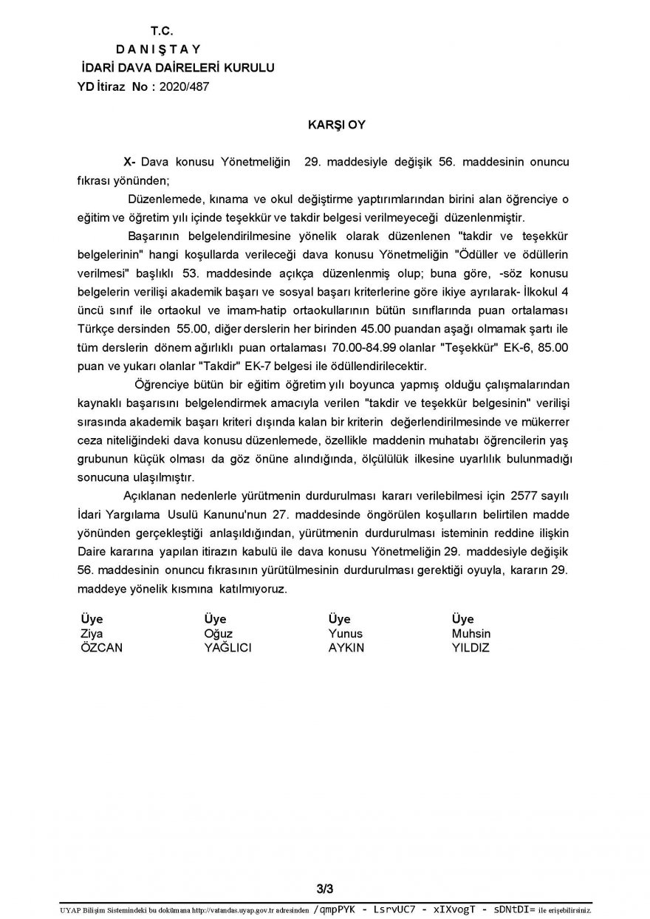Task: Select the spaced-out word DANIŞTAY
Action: click(162, 49)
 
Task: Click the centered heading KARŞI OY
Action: click(336, 125)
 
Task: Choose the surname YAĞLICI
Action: click(228, 648)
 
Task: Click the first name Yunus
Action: click(346, 634)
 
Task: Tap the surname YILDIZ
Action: click(471, 648)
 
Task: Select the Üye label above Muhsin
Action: click(462, 619)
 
